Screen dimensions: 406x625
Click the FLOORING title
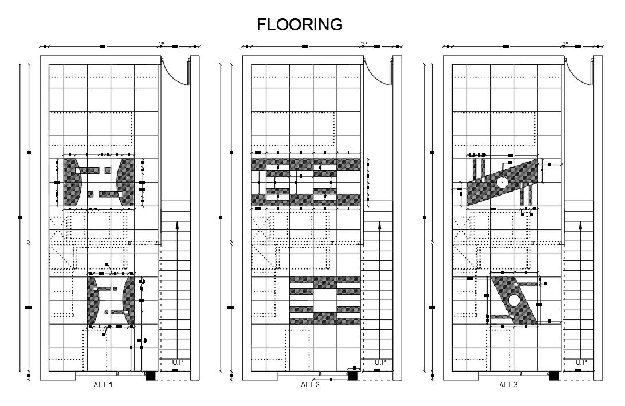pos(300,25)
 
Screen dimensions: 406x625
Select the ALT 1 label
pos(103,385)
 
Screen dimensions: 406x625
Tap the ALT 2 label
pos(310,385)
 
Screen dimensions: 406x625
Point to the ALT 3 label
pos(508,385)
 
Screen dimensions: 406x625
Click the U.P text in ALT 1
pos(178,362)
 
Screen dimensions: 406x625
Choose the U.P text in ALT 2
pos(380,362)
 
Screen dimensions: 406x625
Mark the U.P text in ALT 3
pos(581,362)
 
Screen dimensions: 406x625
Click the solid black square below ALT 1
pos(151,376)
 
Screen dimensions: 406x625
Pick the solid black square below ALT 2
pos(353,376)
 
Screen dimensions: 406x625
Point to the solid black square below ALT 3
pos(554,376)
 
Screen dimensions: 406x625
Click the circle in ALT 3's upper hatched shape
pos(502,182)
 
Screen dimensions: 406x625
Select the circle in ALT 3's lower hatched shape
pos(514,300)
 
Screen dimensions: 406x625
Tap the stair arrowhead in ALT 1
pos(178,226)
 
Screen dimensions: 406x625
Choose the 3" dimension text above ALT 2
pos(364,44)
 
